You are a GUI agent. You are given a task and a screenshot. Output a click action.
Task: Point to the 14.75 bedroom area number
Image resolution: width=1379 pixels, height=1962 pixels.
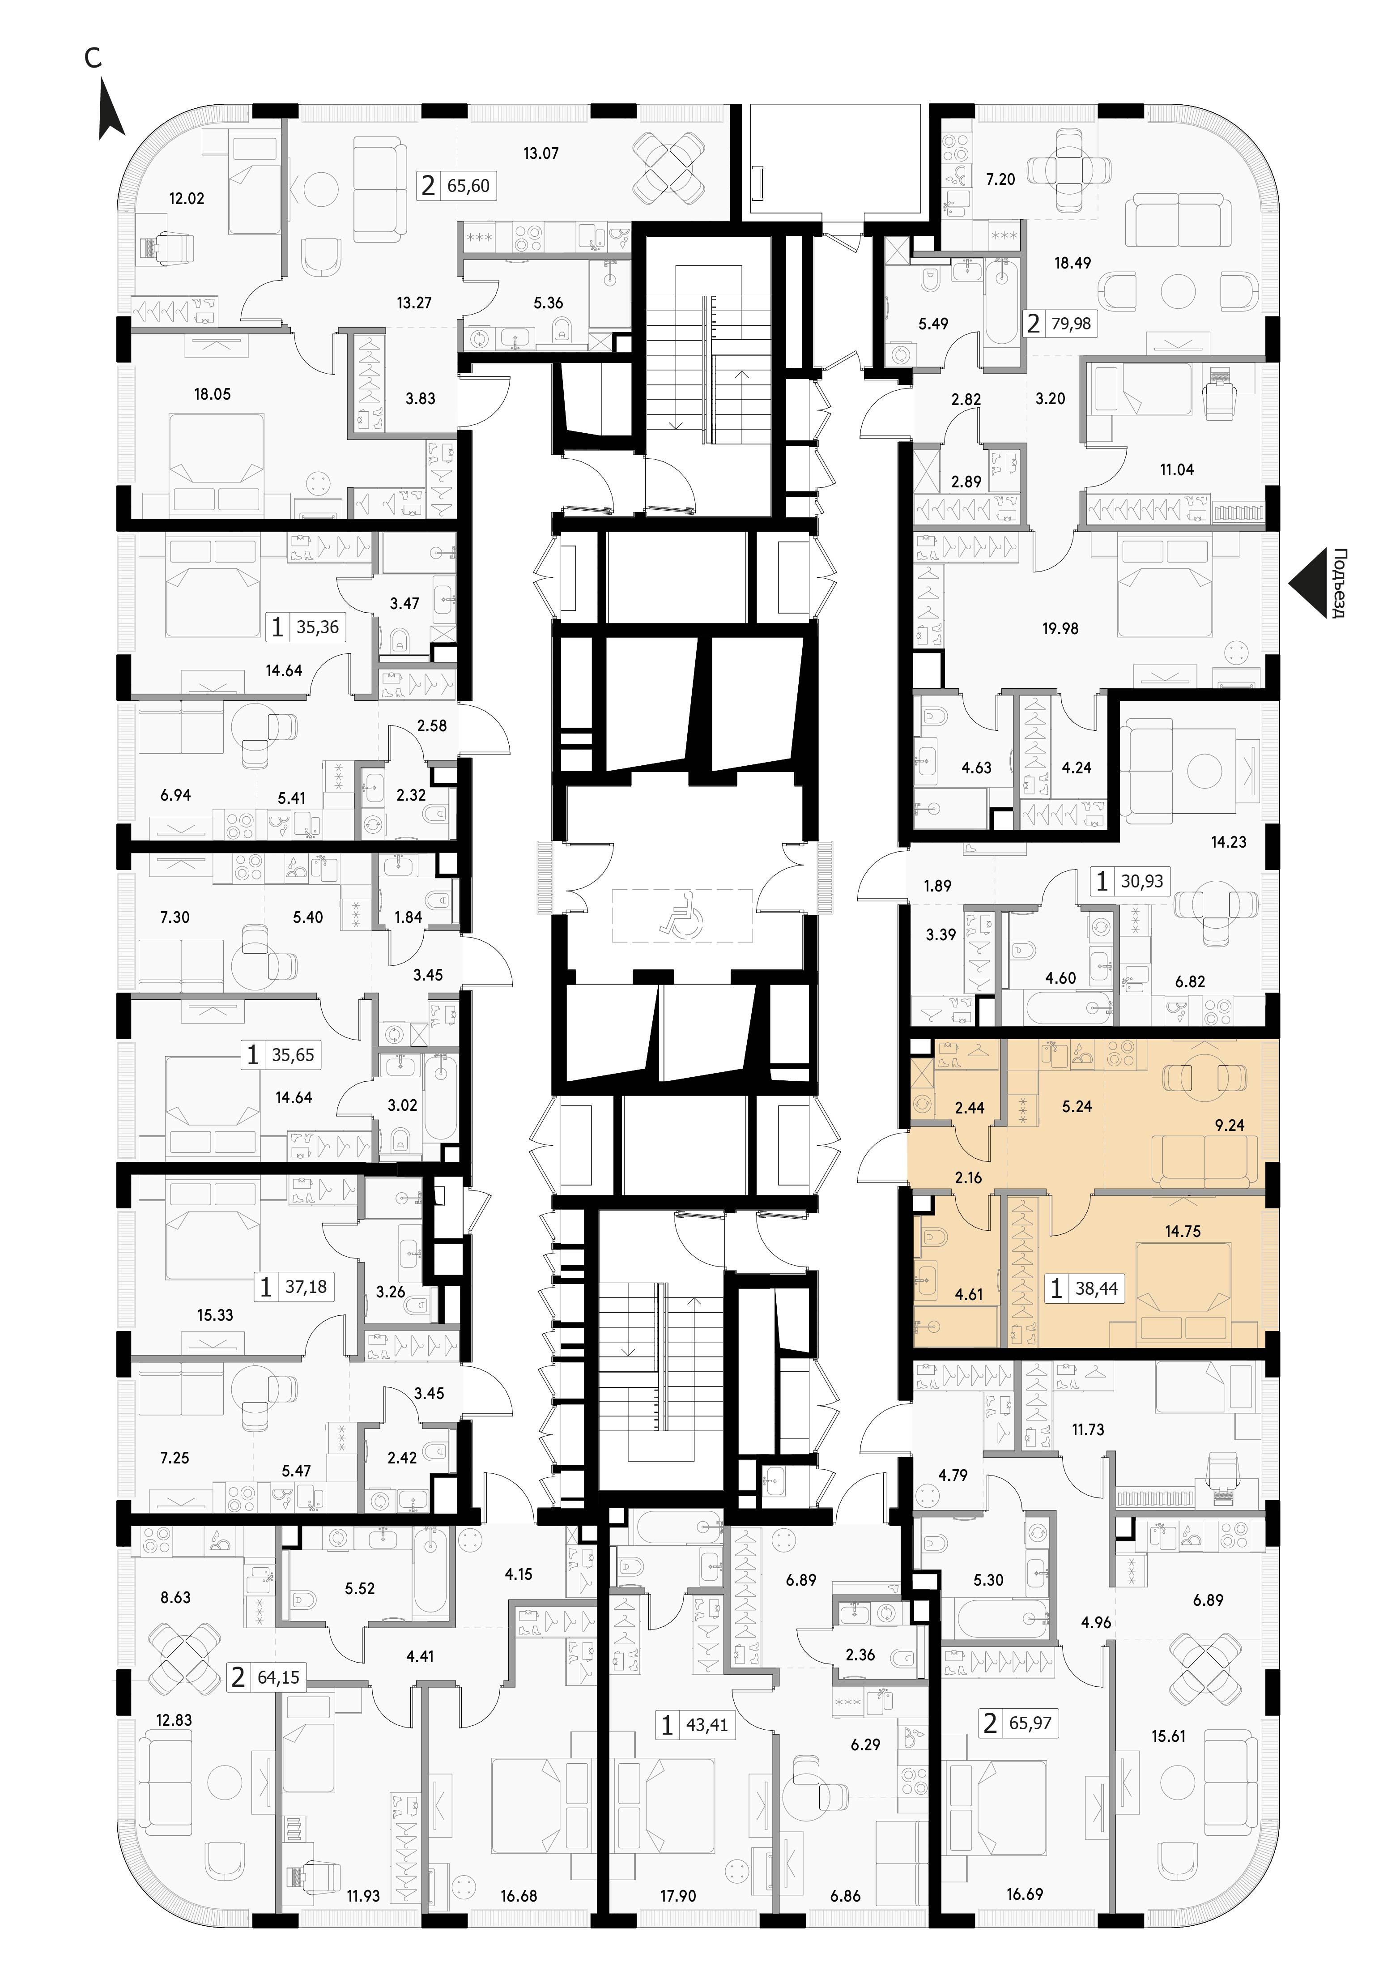(1183, 1231)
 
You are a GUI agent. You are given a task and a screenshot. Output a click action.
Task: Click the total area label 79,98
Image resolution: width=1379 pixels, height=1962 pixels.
(1071, 324)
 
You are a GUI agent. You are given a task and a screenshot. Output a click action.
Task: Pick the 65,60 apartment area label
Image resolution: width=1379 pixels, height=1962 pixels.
(469, 185)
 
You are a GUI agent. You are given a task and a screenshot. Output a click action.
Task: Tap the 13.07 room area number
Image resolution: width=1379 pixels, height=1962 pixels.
(541, 154)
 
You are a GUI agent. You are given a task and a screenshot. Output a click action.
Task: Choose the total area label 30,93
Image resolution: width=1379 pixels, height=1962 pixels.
(1141, 881)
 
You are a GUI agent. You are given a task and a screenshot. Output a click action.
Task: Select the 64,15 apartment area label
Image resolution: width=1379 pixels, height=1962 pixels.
(279, 1677)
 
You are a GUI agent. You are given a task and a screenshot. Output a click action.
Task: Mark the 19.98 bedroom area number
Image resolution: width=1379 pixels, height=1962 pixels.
(1060, 628)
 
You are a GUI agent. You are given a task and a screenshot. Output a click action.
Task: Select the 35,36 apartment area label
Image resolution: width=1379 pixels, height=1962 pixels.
(318, 627)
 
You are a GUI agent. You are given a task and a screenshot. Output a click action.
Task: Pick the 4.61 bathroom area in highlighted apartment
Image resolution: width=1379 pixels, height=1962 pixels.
(968, 1295)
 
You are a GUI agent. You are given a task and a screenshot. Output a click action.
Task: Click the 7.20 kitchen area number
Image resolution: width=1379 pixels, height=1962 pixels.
(1000, 179)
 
